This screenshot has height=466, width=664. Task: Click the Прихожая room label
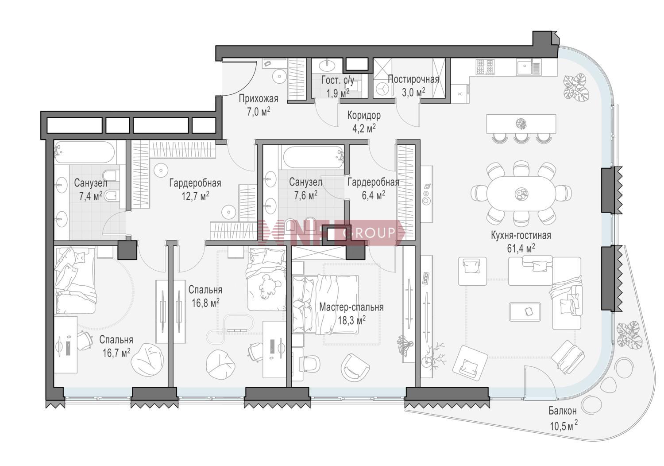tap(259, 99)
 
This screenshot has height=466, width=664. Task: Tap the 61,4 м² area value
tap(521, 248)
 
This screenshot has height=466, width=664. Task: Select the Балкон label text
tap(562, 411)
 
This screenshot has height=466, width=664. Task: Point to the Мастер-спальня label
tap(351, 307)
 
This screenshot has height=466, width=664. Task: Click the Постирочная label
tap(413, 79)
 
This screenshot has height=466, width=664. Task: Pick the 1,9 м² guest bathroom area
tap(338, 93)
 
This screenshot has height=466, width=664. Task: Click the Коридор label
tap(364, 115)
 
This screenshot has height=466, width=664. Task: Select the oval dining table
tap(521, 194)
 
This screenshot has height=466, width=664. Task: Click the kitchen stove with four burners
tap(485, 66)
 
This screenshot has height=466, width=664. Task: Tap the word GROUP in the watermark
tap(369, 233)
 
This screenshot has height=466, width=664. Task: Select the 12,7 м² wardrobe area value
tap(195, 196)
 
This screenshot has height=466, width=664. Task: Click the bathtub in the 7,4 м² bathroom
tap(85, 152)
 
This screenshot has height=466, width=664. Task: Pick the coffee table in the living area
tap(525, 311)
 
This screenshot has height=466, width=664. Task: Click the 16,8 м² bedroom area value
tap(205, 303)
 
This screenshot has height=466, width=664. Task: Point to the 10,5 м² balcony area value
tap(564, 426)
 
